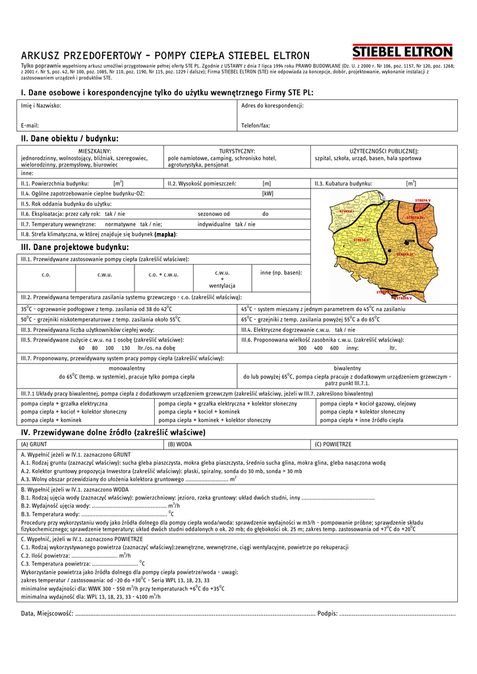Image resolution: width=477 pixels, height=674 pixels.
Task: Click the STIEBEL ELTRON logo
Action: pyautogui.click(x=403, y=52)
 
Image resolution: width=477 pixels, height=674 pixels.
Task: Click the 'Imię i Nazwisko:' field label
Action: pyautogui.click(x=41, y=105)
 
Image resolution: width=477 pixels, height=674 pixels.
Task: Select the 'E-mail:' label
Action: pyautogui.click(x=30, y=125)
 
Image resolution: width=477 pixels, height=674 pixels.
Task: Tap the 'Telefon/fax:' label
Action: pyautogui.click(x=256, y=125)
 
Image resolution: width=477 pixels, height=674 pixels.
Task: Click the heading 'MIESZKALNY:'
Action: pyautogui.click(x=95, y=151)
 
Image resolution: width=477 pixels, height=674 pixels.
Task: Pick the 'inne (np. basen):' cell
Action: pyautogui.click(x=281, y=272)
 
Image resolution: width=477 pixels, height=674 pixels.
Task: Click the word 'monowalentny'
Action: pyautogui.click(x=127, y=369)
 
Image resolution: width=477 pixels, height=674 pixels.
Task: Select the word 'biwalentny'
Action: pyautogui.click(x=347, y=369)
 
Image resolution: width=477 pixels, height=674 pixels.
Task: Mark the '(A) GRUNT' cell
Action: pyautogui.click(x=34, y=444)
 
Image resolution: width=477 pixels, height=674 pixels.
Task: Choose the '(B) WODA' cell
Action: pyautogui.click(x=180, y=444)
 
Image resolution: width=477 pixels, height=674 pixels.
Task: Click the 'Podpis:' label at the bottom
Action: pyautogui.click(x=327, y=613)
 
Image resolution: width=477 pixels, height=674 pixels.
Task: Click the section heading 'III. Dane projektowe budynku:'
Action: pyautogui.click(x=75, y=247)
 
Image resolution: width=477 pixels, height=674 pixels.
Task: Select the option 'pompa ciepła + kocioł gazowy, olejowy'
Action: pyautogui.click(x=368, y=403)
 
